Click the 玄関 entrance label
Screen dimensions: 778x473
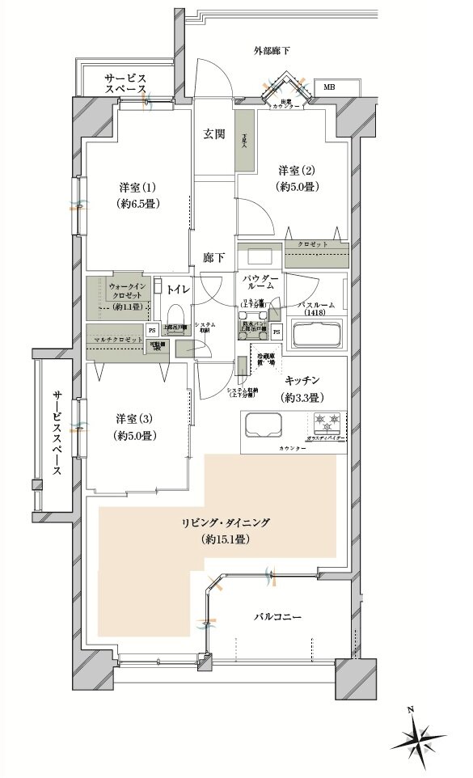point(213,135)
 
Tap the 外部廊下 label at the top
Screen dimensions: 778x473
point(271,51)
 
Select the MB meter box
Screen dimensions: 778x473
point(329,87)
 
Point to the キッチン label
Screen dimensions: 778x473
point(303,379)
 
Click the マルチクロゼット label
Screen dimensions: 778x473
point(118,339)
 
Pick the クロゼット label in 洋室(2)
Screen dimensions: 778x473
point(311,243)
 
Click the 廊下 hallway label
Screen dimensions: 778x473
point(213,258)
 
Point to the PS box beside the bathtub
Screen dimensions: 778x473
point(277,332)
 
